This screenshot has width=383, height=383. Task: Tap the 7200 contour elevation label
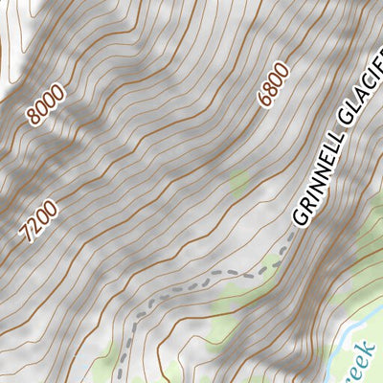(x=38, y=221)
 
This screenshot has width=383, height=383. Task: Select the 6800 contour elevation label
(x=273, y=87)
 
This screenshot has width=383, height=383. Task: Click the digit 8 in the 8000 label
(x=34, y=119)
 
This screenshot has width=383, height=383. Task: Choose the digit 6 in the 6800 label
(x=263, y=100)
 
